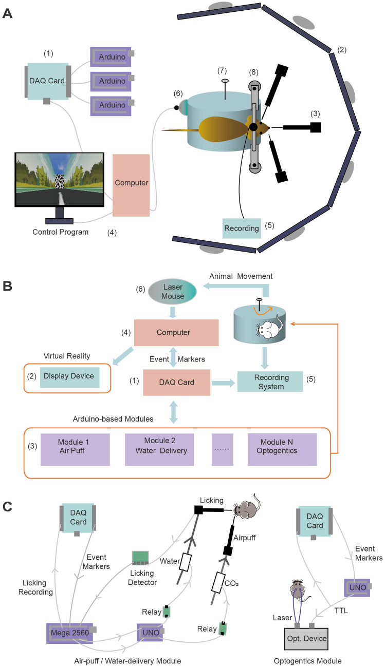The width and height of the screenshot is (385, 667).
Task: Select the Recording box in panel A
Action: coord(242,228)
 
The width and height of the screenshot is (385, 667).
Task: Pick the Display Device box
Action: coord(69,376)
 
